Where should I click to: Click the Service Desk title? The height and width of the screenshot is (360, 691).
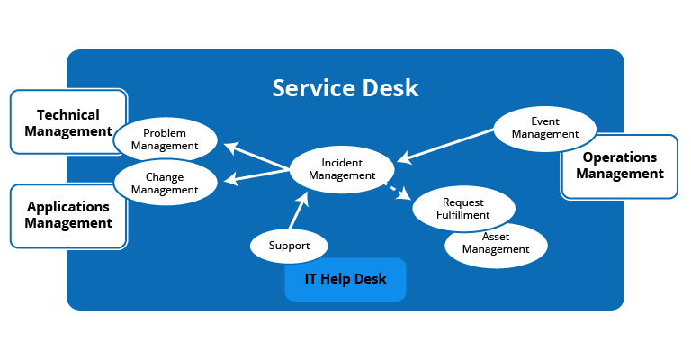point(345,88)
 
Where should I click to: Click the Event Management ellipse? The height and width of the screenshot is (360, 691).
point(545,128)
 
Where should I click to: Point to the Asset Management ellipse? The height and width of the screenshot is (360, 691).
point(496,245)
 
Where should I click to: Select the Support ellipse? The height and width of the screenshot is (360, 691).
point(289,246)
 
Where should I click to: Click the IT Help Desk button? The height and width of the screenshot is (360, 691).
point(345,279)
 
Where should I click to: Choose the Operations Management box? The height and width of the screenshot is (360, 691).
point(619,166)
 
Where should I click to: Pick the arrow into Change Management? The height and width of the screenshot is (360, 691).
point(256,176)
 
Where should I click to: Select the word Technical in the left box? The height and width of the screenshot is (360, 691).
point(68,115)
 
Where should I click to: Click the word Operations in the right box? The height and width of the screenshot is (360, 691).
point(620,157)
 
